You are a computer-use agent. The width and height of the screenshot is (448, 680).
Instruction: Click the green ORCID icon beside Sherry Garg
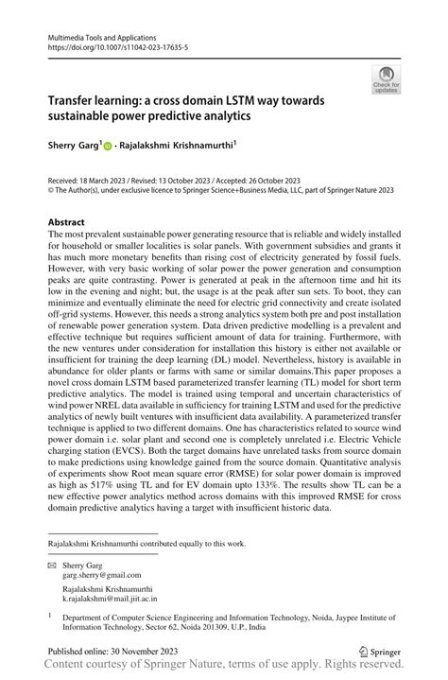pyautogui.click(x=107, y=147)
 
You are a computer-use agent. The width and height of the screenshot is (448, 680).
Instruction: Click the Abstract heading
pyautogui.click(x=72, y=222)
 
